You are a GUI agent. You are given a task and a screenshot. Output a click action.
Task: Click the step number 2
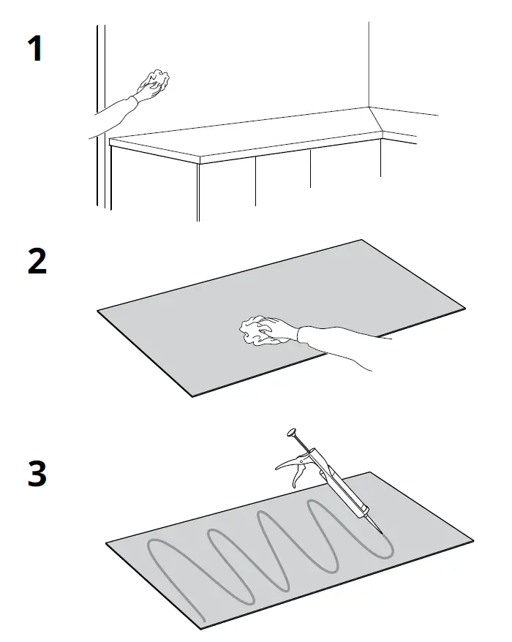(37, 262)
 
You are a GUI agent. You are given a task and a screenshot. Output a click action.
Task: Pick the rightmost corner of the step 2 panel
(464, 307)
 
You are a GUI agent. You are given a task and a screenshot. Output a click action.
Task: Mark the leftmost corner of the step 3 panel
(107, 544)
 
